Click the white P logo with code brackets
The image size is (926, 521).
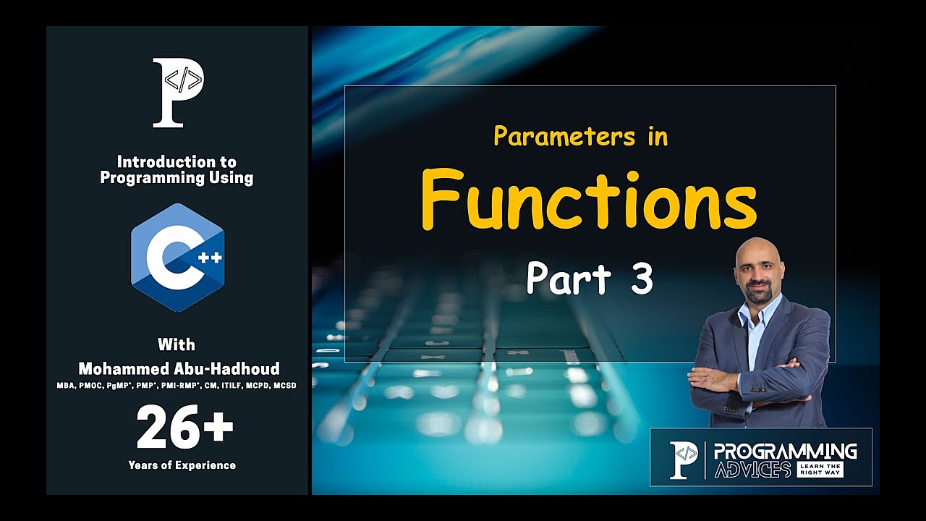[178, 93]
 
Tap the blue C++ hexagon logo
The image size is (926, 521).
[177, 257]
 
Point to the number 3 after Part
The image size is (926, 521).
[641, 279]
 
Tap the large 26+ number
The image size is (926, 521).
[184, 428]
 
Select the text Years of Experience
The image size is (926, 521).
[182, 465]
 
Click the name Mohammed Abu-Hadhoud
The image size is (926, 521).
[178, 369]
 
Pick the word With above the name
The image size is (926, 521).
[177, 344]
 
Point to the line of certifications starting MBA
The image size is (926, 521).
[177, 386]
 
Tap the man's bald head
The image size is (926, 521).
[758, 253]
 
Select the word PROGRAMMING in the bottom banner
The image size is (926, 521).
[785, 452]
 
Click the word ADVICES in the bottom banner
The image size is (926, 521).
[752, 470]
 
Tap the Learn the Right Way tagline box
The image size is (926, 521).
[820, 470]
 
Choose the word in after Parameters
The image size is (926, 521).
[658, 136]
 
